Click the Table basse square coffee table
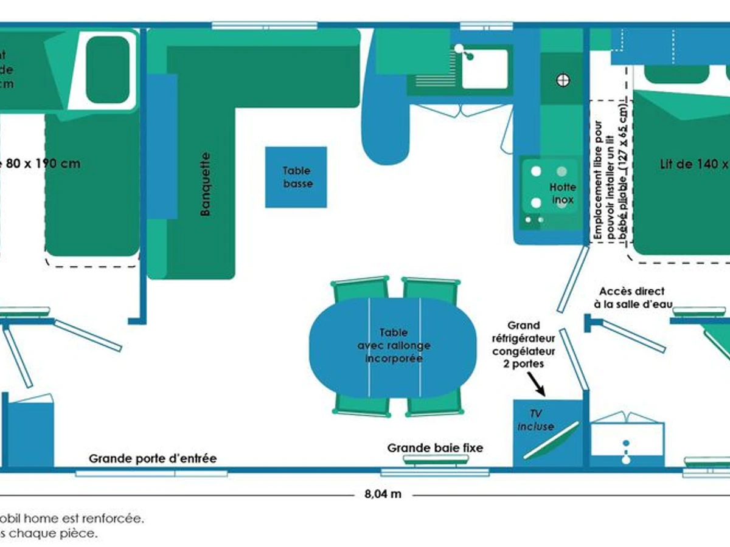click(x=296, y=177)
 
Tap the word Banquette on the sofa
click(x=206, y=184)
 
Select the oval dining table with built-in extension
click(x=393, y=346)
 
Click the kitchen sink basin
click(x=484, y=68)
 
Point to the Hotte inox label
click(x=562, y=193)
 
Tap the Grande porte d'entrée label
click(x=153, y=458)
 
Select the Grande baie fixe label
click(x=436, y=448)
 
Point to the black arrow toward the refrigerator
click(x=535, y=384)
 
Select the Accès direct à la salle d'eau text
click(x=631, y=297)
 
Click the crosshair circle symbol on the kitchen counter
click(x=563, y=80)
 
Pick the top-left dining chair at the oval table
click(x=360, y=288)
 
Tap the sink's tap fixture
click(x=466, y=52)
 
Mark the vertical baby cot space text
click(x=610, y=176)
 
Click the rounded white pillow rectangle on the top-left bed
click(x=108, y=69)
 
